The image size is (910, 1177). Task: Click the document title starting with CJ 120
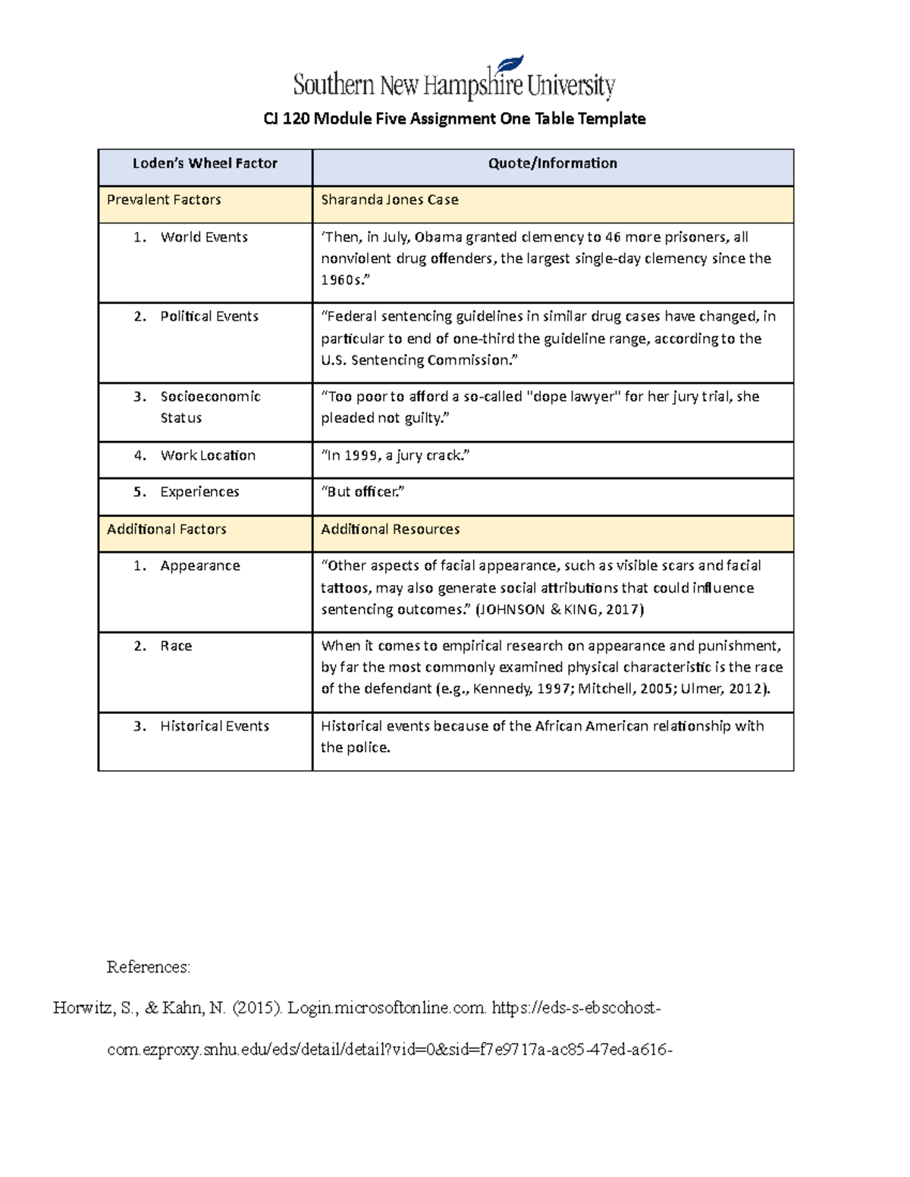pos(454,119)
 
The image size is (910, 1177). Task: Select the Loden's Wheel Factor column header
pos(205,164)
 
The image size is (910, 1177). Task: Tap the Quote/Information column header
pos(552,164)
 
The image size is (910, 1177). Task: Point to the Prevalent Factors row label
pos(164,200)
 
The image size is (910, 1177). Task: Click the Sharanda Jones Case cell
pos(390,200)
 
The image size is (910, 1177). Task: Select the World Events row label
pos(203,237)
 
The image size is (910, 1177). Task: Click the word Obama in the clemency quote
pos(438,237)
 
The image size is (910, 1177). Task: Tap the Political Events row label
pos(209,317)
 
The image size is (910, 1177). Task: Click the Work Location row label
pos(207,455)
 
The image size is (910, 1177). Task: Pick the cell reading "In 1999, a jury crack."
pos(395,455)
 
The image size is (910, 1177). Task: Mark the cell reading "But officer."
pos(362,492)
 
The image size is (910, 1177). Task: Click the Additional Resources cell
pos(390,529)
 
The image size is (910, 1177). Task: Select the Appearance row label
pos(199,566)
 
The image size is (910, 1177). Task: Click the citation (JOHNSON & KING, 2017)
pos(559,609)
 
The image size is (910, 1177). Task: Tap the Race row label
pos(176,646)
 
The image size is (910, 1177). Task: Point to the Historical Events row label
pos(214,726)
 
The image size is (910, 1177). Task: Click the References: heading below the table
pos(149,967)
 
